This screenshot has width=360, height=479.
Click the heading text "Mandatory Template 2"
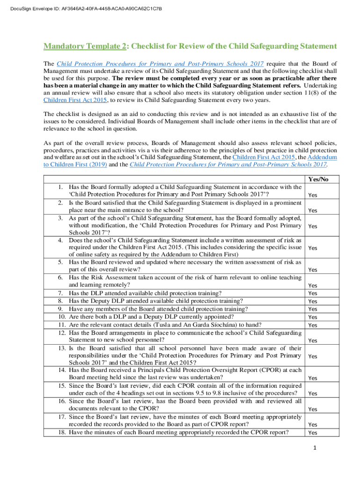point(84,46)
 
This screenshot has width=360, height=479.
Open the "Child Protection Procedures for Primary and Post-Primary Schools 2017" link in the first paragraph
point(160,64)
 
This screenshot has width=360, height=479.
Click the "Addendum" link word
point(324,158)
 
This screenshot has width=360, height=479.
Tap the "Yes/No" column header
point(318,179)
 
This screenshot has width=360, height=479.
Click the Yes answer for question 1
point(313,196)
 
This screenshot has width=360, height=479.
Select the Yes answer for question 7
point(313,293)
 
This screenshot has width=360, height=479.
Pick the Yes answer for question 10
point(313,318)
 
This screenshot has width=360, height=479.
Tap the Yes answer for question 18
point(313,433)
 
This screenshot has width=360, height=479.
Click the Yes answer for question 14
point(313,378)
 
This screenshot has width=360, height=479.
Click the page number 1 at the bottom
point(315,449)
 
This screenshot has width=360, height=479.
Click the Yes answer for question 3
point(313,226)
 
